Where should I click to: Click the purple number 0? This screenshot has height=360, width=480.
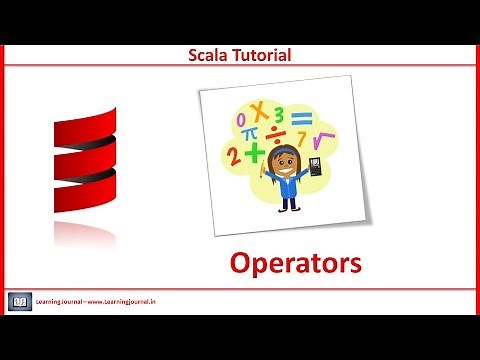pos(240,119)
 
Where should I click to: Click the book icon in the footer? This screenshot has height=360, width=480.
pos(19,299)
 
